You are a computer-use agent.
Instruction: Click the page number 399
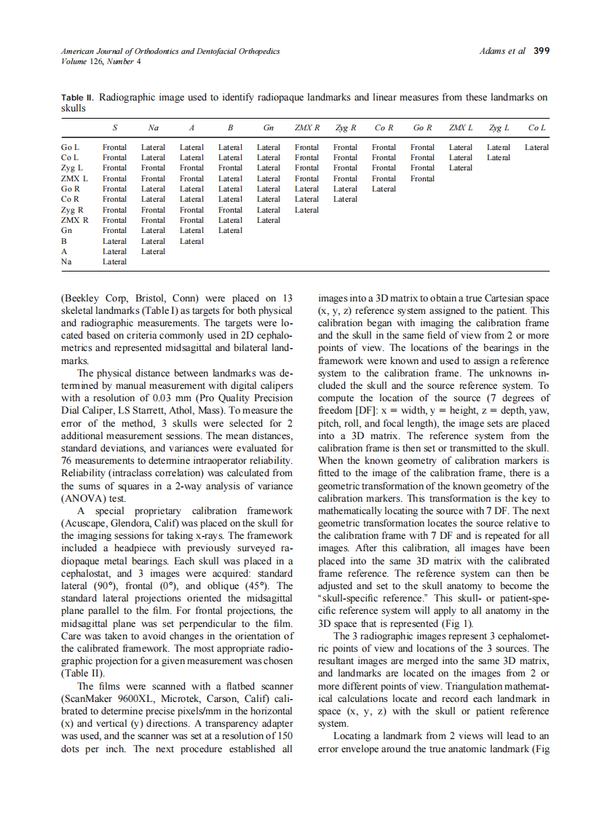(x=541, y=51)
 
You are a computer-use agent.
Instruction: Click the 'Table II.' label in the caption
(x=78, y=97)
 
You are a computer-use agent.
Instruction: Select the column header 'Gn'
(x=268, y=127)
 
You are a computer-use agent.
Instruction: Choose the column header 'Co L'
(x=536, y=127)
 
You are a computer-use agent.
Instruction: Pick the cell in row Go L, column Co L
(x=536, y=147)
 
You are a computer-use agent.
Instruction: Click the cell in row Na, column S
(x=114, y=261)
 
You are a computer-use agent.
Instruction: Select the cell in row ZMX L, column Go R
(x=422, y=178)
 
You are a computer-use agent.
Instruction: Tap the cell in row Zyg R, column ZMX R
(x=306, y=210)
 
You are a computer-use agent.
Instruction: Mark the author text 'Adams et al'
(x=502, y=51)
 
